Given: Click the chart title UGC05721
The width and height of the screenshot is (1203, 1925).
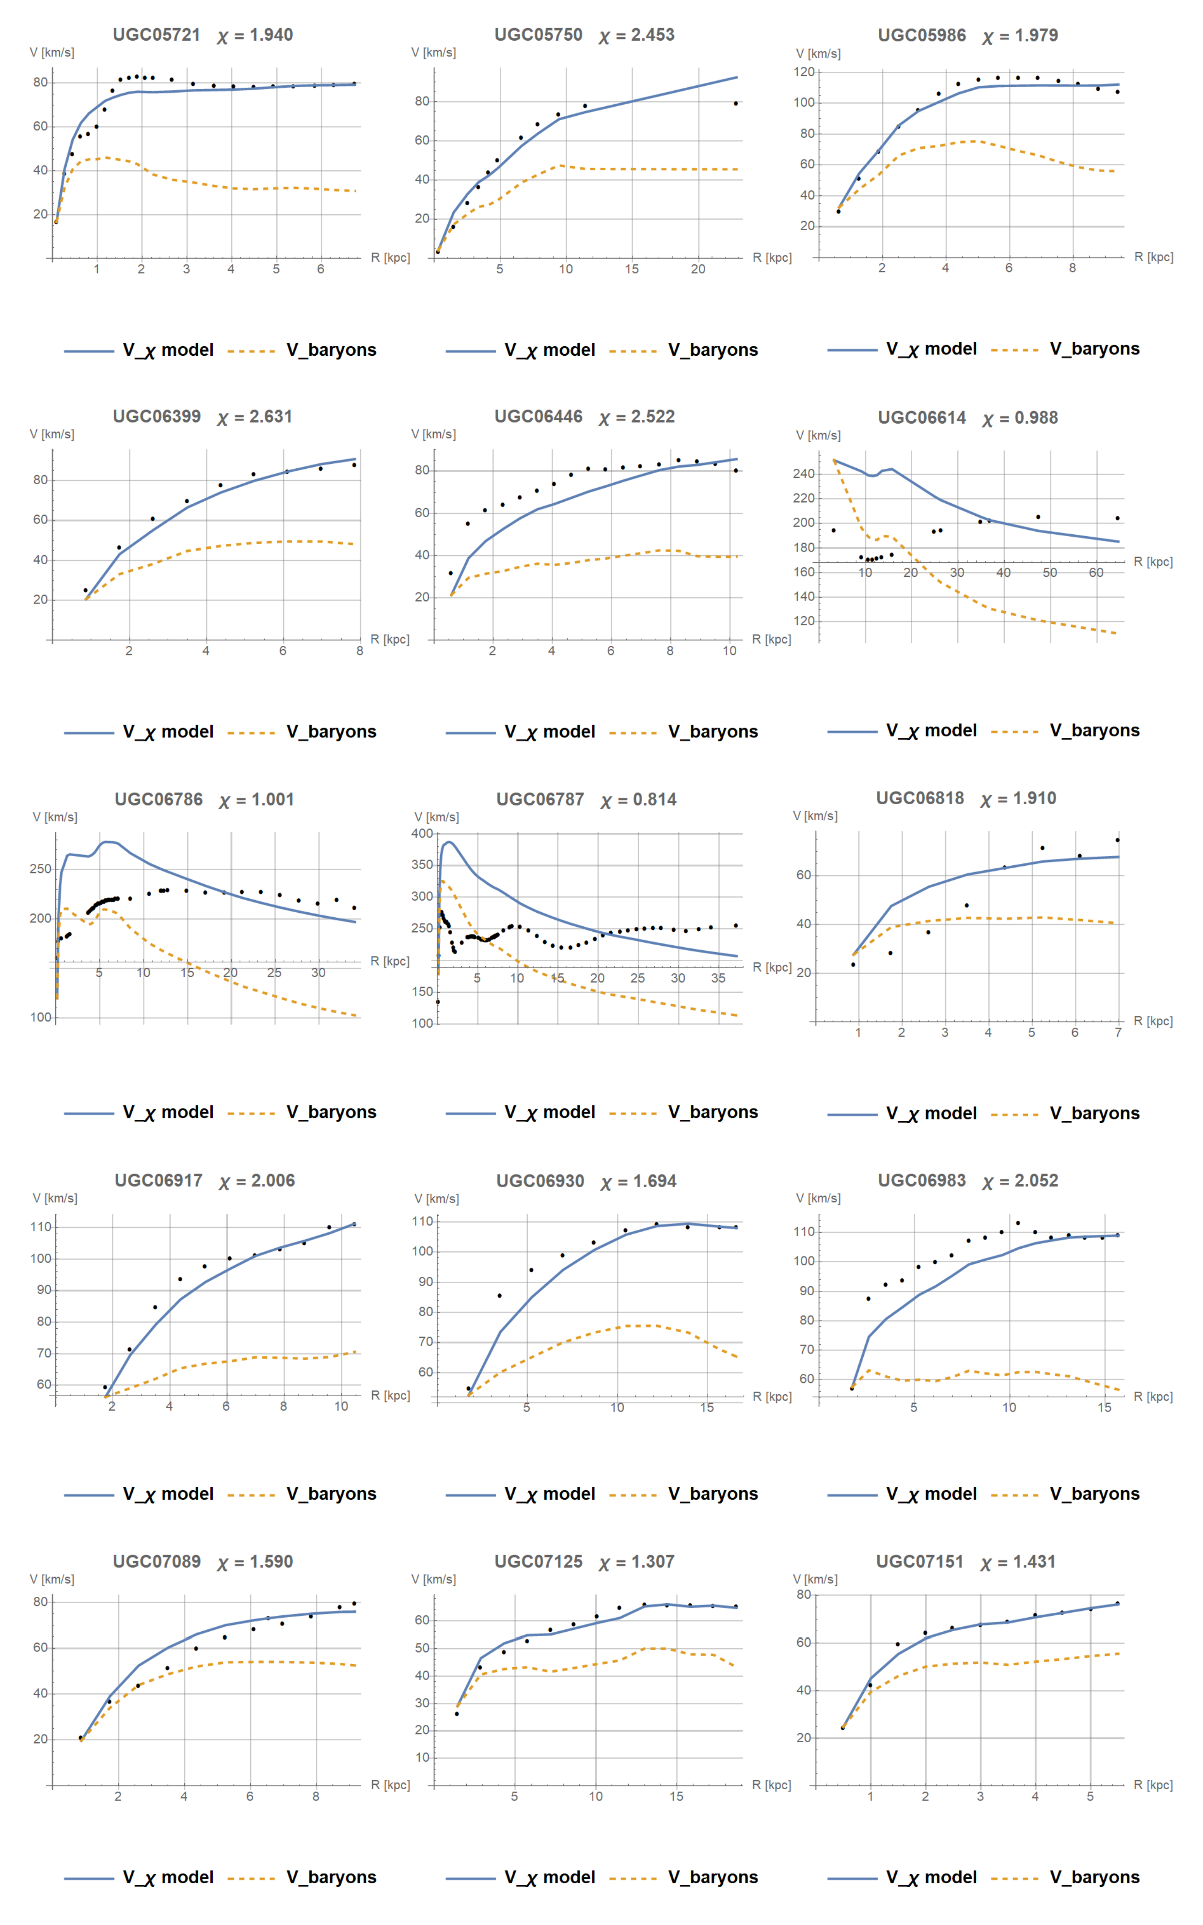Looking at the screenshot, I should click(156, 35).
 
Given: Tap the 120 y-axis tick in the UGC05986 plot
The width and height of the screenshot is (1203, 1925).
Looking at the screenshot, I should click(805, 72).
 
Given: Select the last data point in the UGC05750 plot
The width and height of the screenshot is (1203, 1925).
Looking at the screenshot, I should click(735, 103).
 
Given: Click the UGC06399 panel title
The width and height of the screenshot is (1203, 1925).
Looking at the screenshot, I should click(156, 416).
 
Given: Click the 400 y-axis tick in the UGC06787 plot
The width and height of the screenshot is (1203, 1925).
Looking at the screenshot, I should click(423, 833).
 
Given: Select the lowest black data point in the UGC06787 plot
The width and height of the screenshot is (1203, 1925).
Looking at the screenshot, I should click(438, 1002).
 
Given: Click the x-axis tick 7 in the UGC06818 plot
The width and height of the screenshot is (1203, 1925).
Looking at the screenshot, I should click(1118, 1032).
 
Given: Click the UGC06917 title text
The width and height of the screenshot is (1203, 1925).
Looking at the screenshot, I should click(158, 1180).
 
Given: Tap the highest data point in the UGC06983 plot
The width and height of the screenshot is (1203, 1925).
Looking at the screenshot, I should click(1018, 1223).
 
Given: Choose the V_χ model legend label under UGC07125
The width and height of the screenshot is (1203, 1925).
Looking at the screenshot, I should click(549, 1877).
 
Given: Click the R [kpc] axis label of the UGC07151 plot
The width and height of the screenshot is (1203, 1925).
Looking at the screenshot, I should click(1153, 1785).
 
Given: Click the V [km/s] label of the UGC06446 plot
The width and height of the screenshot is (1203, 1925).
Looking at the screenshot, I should click(434, 434).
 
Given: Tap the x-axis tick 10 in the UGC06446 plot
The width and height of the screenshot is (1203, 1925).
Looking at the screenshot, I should click(729, 651).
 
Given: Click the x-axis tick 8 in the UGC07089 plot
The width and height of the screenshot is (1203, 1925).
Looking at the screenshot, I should click(316, 1796).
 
